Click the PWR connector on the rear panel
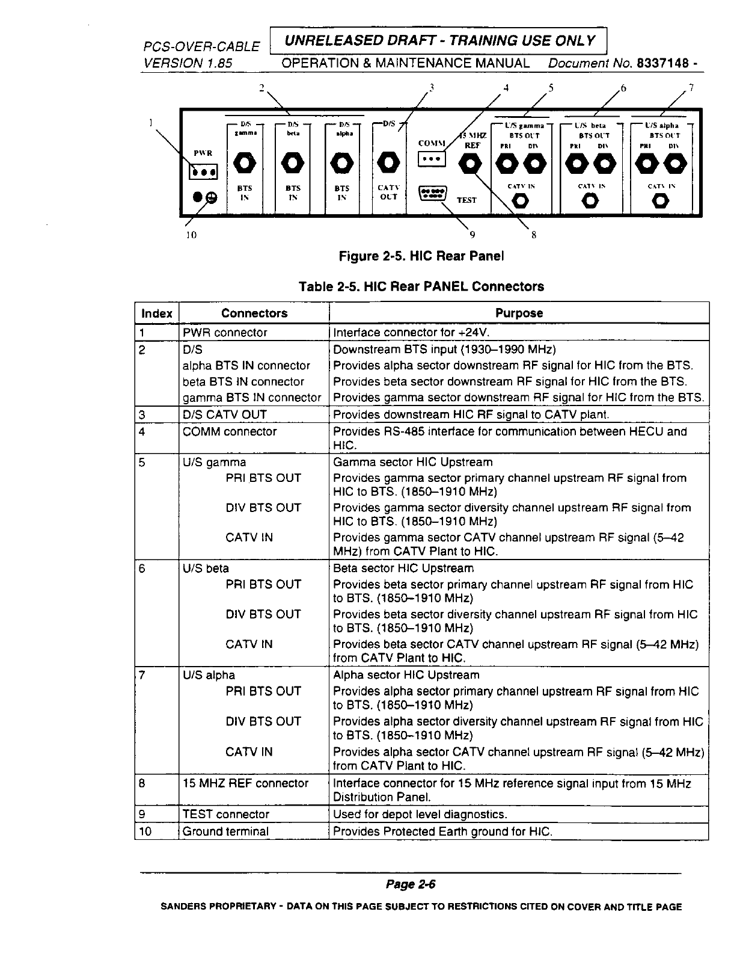coord(203,173)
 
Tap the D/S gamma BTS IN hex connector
coord(244,162)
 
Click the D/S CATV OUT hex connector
coord(389,162)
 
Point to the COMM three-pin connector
coord(431,158)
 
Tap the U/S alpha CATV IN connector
coord(660,201)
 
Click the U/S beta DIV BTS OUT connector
coord(603,163)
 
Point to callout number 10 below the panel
coord(191,235)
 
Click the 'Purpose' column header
coord(519,313)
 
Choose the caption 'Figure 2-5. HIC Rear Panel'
coord(421,256)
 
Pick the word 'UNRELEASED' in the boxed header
coord(323,41)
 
